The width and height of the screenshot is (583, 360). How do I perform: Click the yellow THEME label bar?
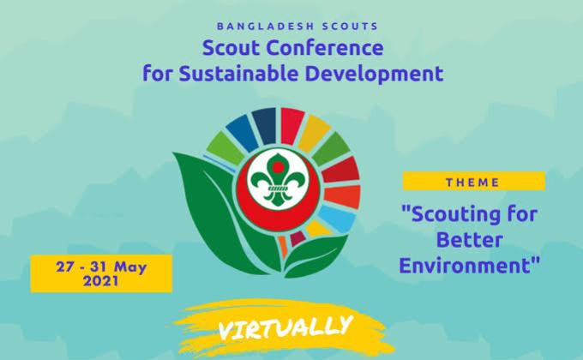click(473, 182)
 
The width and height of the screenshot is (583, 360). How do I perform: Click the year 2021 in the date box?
click(101, 281)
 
